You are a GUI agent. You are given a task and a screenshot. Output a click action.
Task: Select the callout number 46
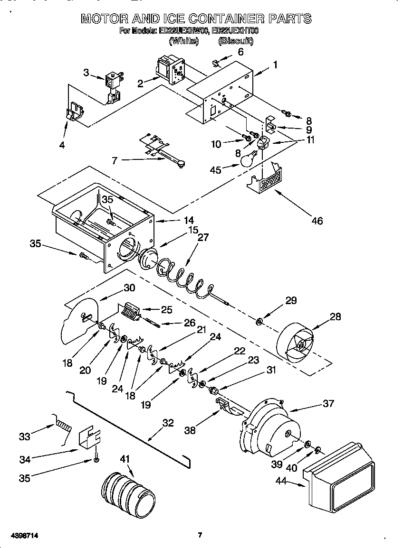point(317,220)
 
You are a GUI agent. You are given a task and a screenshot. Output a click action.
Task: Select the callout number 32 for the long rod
point(168,423)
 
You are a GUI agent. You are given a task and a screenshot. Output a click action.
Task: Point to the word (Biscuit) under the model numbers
point(236,41)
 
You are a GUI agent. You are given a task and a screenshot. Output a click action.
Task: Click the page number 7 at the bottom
point(200,535)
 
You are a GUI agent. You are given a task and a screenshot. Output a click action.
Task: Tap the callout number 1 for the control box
point(275,65)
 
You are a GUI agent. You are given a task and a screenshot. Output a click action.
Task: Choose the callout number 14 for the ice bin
point(175,220)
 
